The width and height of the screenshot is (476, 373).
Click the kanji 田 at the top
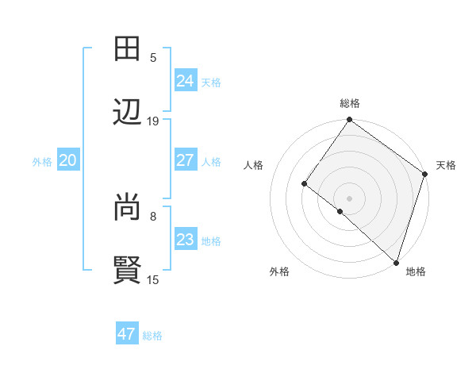pyautogui.click(x=128, y=49)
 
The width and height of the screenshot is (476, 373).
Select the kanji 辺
pyautogui.click(x=128, y=112)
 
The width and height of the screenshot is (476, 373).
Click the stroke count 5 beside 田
pyautogui.click(x=153, y=57)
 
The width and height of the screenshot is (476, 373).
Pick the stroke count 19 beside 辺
pyautogui.click(x=153, y=121)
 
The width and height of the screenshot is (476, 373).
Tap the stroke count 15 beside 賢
pyautogui.click(x=153, y=279)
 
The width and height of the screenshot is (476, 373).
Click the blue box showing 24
pyautogui.click(x=185, y=80)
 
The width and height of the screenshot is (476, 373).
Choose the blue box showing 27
pyautogui.click(x=185, y=160)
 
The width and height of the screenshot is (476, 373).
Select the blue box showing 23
pyautogui.click(x=185, y=240)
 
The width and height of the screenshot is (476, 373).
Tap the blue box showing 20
pyautogui.click(x=67, y=160)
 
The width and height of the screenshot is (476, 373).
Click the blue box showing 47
pyautogui.click(x=126, y=334)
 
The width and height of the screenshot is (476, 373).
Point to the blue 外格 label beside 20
pyautogui.click(x=42, y=162)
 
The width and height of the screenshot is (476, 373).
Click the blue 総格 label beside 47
pyautogui.click(x=152, y=336)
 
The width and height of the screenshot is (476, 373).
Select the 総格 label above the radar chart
pyautogui.click(x=350, y=103)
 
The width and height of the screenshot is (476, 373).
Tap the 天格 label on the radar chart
pyautogui.click(x=446, y=165)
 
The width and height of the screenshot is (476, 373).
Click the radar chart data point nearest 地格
pyautogui.click(x=396, y=261)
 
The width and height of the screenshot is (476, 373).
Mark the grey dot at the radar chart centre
pyautogui.click(x=349, y=198)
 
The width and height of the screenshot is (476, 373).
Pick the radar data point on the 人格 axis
pyautogui.click(x=304, y=184)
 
